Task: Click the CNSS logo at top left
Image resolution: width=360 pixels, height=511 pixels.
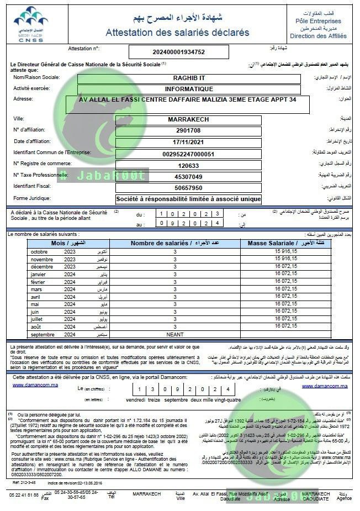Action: click(x=31, y=25)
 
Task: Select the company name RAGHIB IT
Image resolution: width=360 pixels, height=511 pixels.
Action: click(x=189, y=78)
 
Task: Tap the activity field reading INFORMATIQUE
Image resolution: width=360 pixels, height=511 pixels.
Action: click(x=189, y=89)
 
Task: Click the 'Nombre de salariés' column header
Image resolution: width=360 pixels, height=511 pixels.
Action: click(x=174, y=243)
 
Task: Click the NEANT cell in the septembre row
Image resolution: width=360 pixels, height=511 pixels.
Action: click(x=174, y=335)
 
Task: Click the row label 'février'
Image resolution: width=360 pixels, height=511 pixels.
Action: click(x=39, y=282)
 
